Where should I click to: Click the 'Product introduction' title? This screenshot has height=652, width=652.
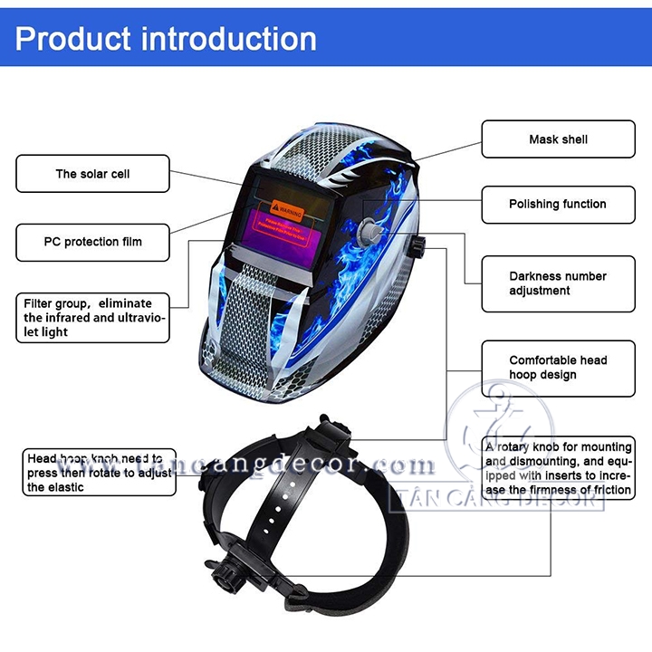(x=167, y=39)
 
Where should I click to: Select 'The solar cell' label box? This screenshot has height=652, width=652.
(x=92, y=174)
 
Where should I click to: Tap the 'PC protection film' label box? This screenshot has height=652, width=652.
(x=93, y=242)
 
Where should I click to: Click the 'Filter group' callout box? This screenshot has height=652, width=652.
(x=93, y=317)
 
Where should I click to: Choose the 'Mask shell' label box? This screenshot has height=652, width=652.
(x=558, y=139)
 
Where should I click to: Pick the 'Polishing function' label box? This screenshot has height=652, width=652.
(x=558, y=205)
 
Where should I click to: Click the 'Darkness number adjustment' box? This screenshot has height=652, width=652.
(x=558, y=283)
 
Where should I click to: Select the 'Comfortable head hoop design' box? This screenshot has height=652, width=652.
(x=558, y=367)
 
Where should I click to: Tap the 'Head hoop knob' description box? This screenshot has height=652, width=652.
(x=99, y=473)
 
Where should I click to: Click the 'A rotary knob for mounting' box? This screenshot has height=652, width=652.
(x=558, y=468)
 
